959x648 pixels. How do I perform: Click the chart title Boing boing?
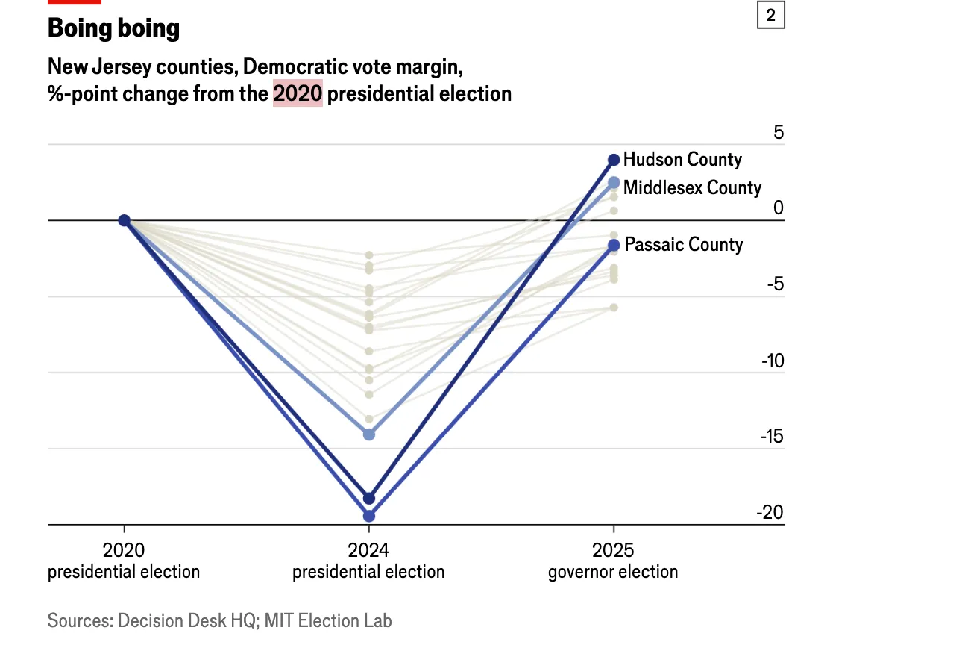(x=113, y=28)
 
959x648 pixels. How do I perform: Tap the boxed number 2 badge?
(x=770, y=15)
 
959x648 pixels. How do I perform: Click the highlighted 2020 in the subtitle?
(x=298, y=94)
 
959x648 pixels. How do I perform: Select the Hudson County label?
(x=682, y=159)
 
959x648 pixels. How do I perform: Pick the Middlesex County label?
(x=692, y=187)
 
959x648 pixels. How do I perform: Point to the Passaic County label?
(x=684, y=244)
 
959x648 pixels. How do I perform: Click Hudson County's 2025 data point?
(x=614, y=160)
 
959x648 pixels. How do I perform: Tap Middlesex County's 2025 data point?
(x=614, y=182)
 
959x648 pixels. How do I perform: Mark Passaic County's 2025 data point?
(x=614, y=245)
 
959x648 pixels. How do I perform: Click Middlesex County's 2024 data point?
(x=369, y=434)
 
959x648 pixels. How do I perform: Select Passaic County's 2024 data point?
(x=369, y=516)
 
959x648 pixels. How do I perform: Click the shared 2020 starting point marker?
(x=125, y=220)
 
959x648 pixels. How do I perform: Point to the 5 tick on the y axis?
(x=778, y=133)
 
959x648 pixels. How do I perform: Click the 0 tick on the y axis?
(x=778, y=208)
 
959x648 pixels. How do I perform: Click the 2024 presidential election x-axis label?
(x=368, y=561)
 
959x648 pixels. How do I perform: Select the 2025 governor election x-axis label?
(x=613, y=561)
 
